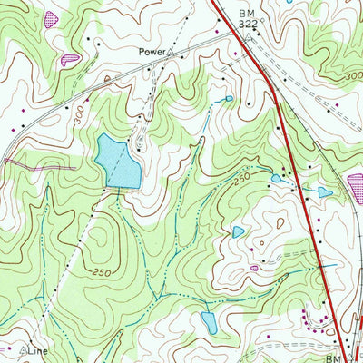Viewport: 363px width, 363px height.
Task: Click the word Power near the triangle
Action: [151, 53]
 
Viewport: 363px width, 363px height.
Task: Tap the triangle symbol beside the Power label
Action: [170, 53]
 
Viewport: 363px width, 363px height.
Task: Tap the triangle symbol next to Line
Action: [23, 348]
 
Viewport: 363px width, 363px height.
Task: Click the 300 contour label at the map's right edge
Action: [351, 78]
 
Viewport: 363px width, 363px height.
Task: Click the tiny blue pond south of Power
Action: [229, 98]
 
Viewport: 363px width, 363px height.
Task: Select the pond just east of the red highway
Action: [324, 192]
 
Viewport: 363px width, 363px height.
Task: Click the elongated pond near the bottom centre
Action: [209, 321]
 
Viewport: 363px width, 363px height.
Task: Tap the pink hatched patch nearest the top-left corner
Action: [51, 17]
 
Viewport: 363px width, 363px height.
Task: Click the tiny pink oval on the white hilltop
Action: [254, 269]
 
